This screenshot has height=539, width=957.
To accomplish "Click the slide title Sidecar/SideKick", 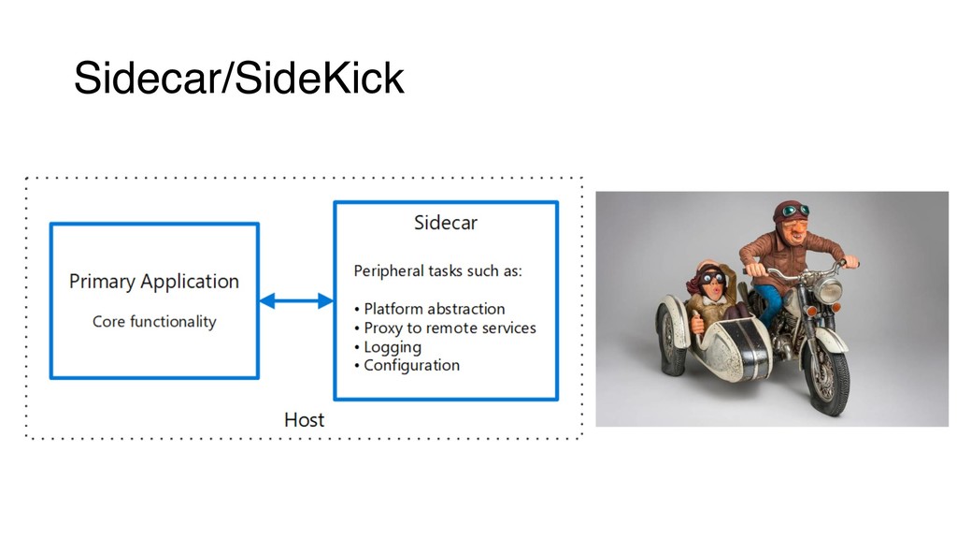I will coord(238,80).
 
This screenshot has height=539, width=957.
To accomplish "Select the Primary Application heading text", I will coord(154,282).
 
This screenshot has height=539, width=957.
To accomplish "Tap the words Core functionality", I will coord(154,322).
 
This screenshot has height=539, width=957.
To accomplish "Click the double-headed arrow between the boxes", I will coord(296,300).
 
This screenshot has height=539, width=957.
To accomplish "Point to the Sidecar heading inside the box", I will coord(446,224).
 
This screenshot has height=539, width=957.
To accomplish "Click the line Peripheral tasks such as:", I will coord(437,271).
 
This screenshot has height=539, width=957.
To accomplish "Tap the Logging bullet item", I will coord(393,347).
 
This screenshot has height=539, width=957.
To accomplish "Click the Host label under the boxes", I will coord(304,419).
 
